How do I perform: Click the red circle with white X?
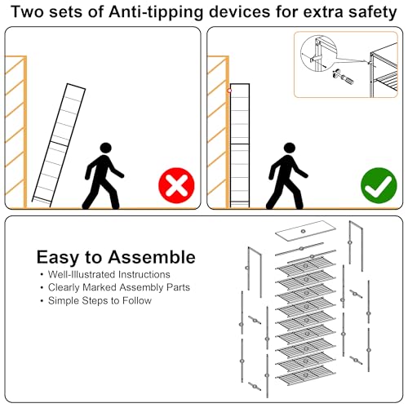click(176, 185)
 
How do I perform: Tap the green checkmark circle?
click(379, 185)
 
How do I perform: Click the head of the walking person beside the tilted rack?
click(105, 148)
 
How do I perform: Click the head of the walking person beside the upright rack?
click(290, 148)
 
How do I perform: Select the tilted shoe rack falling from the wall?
click(59, 145)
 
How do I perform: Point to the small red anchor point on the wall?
click(229, 91)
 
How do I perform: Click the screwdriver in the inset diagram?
click(344, 77)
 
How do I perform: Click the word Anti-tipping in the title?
click(156, 12)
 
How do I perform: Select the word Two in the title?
click(28, 12)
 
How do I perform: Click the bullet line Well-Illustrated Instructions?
click(109, 274)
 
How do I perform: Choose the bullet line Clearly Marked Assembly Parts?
click(119, 287)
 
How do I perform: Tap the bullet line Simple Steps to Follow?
click(100, 300)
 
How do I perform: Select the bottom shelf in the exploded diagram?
click(306, 375)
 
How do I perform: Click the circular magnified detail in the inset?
click(318, 54)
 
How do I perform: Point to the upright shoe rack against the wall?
click(240, 145)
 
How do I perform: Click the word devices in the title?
click(240, 12)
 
